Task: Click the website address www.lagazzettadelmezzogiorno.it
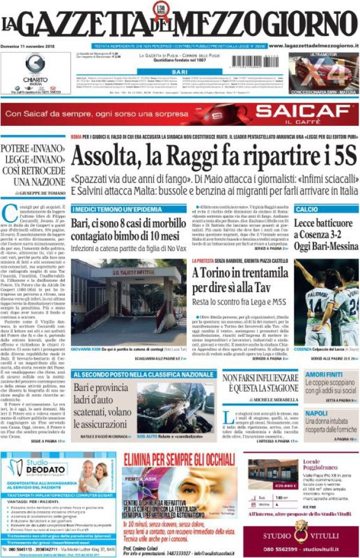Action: (x=314, y=46)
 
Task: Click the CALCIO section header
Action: (x=307, y=209)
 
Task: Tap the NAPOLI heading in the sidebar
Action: (x=315, y=413)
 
